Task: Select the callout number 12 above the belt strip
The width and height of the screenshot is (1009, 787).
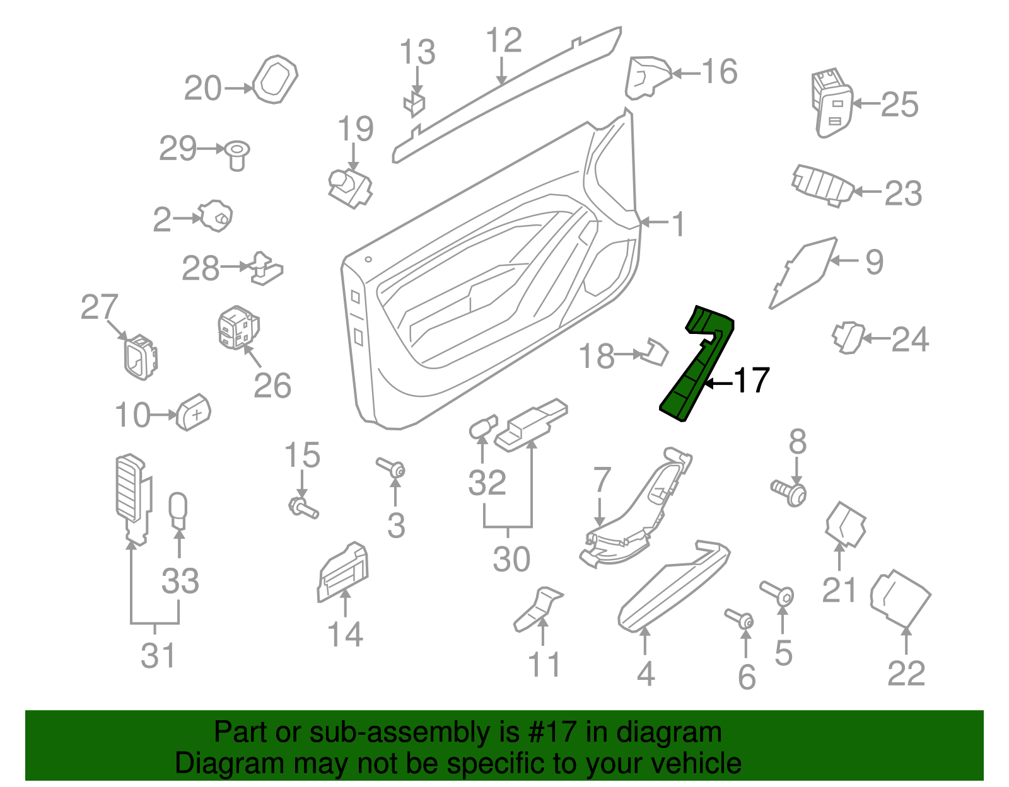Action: (x=504, y=40)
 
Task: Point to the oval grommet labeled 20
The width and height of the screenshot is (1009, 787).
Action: (x=275, y=80)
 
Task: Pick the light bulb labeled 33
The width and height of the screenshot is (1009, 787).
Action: (x=178, y=510)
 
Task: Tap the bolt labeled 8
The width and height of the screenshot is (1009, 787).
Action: (x=790, y=492)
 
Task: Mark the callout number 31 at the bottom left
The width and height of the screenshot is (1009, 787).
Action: (x=158, y=655)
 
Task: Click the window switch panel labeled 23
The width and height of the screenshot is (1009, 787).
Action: (x=823, y=185)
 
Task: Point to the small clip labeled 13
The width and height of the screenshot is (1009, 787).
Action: (x=414, y=105)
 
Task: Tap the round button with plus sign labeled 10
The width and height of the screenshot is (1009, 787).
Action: (x=194, y=413)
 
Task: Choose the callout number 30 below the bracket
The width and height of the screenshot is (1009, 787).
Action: (x=511, y=559)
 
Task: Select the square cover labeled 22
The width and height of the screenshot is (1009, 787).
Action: (x=900, y=599)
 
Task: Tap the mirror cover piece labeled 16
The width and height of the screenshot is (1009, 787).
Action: (x=647, y=78)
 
